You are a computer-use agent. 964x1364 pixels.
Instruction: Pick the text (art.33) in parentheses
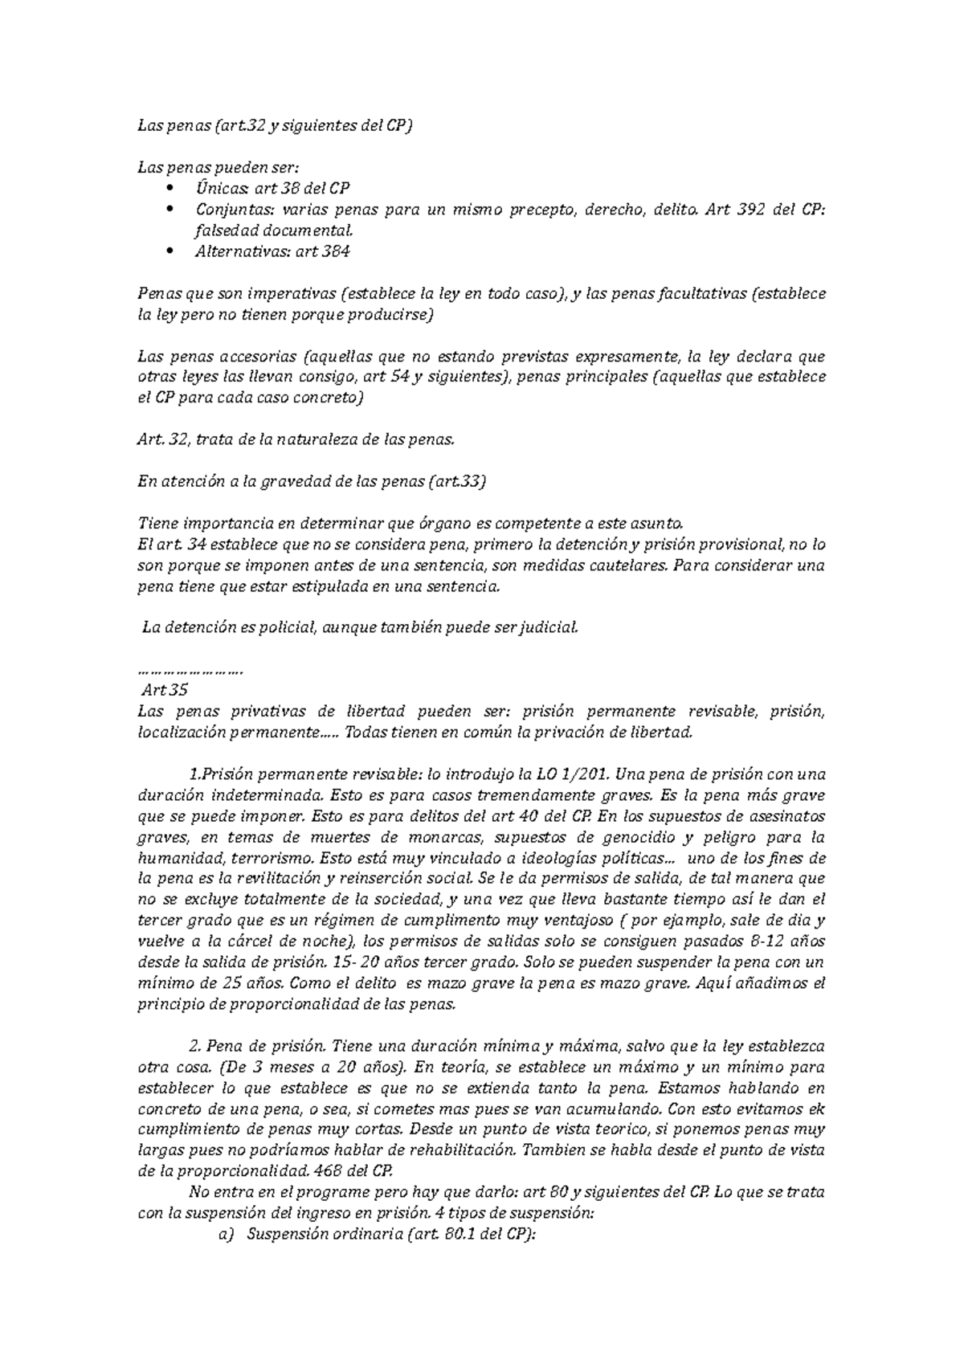(458, 481)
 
